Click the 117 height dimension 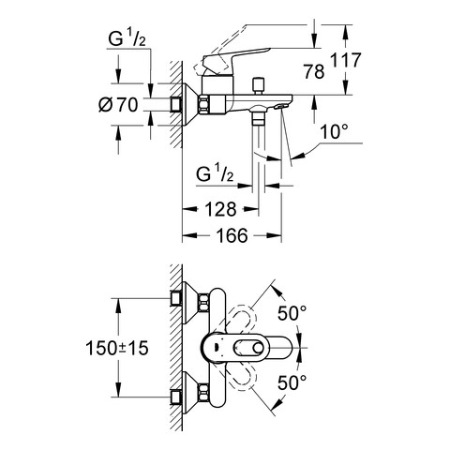346,60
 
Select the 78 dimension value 314,71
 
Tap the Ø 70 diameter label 118,105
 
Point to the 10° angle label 334,131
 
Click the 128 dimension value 220,209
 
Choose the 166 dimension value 232,235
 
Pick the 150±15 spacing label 117,348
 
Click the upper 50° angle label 292,312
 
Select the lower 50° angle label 292,382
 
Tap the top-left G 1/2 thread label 127,39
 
